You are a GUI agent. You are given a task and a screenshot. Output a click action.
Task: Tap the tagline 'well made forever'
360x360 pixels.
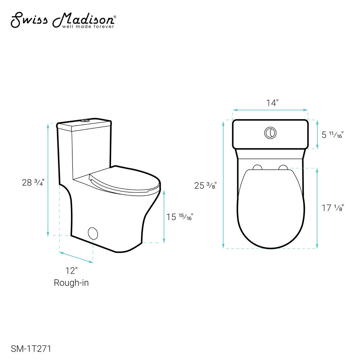88,27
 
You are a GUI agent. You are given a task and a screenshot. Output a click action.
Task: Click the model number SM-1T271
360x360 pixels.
31,349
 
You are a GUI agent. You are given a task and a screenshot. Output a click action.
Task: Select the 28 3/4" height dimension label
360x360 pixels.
33,183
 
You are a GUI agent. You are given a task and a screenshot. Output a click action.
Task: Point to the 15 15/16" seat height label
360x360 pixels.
180,217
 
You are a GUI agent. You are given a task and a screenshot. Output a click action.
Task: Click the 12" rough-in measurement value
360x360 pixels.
71,271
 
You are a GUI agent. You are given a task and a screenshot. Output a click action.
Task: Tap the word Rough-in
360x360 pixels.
71,283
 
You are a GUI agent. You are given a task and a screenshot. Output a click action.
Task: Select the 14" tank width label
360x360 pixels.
272,103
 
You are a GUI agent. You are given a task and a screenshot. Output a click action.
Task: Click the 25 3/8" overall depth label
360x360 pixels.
206,185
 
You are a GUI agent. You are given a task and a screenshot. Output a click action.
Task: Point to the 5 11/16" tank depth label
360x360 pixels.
332,135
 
